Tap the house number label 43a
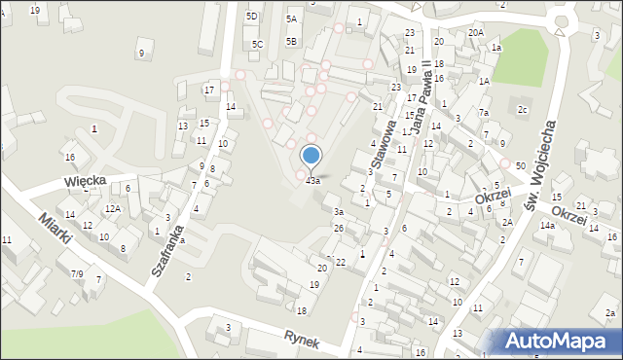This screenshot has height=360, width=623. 312,181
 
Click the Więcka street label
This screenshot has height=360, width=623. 85,181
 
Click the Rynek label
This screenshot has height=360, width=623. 303,336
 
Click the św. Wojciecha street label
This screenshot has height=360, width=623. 538,165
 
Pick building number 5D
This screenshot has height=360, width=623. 252,17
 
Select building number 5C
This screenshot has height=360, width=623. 257,44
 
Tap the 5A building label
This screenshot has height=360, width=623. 291,18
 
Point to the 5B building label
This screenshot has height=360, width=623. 291,41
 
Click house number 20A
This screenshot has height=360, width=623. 475,32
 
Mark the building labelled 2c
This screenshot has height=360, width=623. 523,109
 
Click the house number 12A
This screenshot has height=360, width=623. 113,208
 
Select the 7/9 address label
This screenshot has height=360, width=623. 76,274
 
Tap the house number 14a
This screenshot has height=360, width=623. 548,226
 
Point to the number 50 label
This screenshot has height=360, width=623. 521,166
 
